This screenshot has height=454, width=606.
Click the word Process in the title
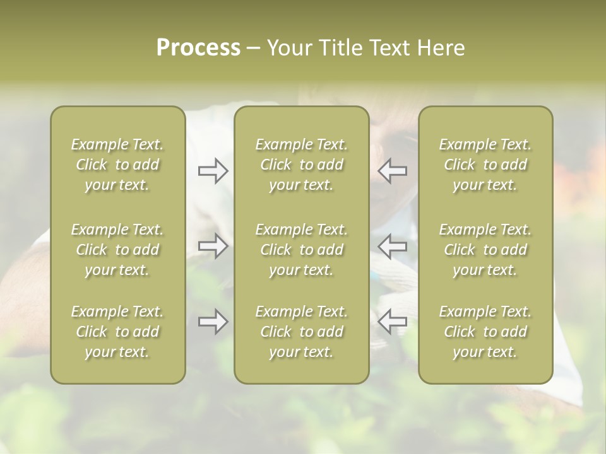198,48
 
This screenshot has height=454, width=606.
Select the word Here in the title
440,48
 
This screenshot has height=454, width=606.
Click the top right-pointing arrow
213,171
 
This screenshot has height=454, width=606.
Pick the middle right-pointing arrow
213,246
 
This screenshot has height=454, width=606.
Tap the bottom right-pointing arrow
213,322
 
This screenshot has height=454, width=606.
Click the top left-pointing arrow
392,171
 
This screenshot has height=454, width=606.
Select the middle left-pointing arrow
392,246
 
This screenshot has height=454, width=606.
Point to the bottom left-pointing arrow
392,322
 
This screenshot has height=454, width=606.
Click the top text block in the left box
117,165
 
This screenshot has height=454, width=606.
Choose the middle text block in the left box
117,250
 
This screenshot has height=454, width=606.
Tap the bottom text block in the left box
117,332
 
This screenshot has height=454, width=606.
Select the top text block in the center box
301,165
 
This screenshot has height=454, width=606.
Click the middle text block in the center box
301,250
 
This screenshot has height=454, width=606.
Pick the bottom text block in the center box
301,332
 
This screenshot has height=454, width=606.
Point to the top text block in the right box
485,165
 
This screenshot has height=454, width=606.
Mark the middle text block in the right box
485,250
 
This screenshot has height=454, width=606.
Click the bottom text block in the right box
485,332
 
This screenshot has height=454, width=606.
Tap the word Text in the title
389,48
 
